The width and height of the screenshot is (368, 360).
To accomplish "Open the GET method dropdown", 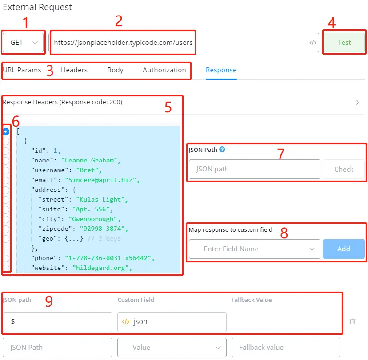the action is point(23,43).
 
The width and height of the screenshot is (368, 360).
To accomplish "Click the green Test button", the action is point(344,43).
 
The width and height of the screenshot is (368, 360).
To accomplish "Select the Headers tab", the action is point(74,70).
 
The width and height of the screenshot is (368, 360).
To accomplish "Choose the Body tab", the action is point(115,70).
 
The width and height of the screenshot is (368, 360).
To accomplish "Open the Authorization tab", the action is point(164,70).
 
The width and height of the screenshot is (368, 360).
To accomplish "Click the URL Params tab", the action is point(22,70).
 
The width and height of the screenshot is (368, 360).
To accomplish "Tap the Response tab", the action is point(221,70).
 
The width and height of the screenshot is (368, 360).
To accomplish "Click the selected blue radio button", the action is point(6,131).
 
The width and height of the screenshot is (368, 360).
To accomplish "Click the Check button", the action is point(344,169).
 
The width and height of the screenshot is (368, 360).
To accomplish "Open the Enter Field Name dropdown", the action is point(254,249).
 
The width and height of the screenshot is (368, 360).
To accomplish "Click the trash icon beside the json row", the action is point(352,321).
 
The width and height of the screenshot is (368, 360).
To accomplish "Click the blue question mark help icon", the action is point(222,150).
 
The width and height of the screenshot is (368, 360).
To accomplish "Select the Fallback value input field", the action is point(286,347).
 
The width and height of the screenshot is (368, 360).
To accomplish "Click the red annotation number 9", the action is point(49,301).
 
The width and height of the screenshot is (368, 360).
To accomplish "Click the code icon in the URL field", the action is point(312,43).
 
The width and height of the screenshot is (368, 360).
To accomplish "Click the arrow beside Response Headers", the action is point(358,103).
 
